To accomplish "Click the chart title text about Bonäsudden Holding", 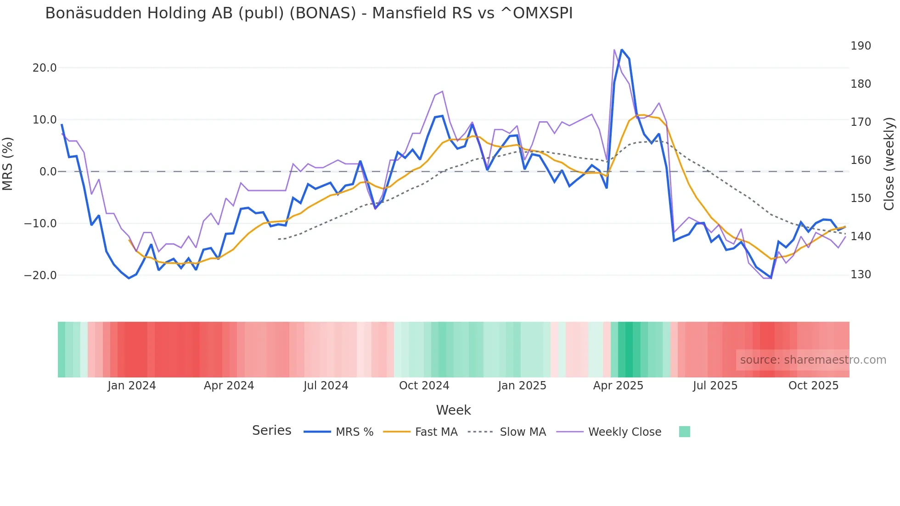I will [x=309, y=13].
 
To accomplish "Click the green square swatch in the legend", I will [x=684, y=432].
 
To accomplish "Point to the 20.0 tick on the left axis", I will [x=45, y=68].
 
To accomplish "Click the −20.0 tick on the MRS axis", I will [x=41, y=275].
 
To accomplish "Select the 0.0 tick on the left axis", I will [x=48, y=172].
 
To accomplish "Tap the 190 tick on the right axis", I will [x=861, y=46].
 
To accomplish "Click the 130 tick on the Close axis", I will [x=861, y=275].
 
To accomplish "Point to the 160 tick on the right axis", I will [x=861, y=160].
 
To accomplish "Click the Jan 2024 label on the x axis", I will [x=132, y=386].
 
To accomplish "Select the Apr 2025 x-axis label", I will [x=618, y=386].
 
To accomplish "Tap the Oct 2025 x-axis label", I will [x=813, y=386].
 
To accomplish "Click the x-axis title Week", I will [x=453, y=410].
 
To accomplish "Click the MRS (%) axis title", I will [x=8, y=164].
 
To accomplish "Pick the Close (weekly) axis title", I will [x=889, y=164].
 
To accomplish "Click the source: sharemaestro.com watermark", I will [x=813, y=360].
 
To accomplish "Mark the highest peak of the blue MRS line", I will [x=622, y=50].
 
